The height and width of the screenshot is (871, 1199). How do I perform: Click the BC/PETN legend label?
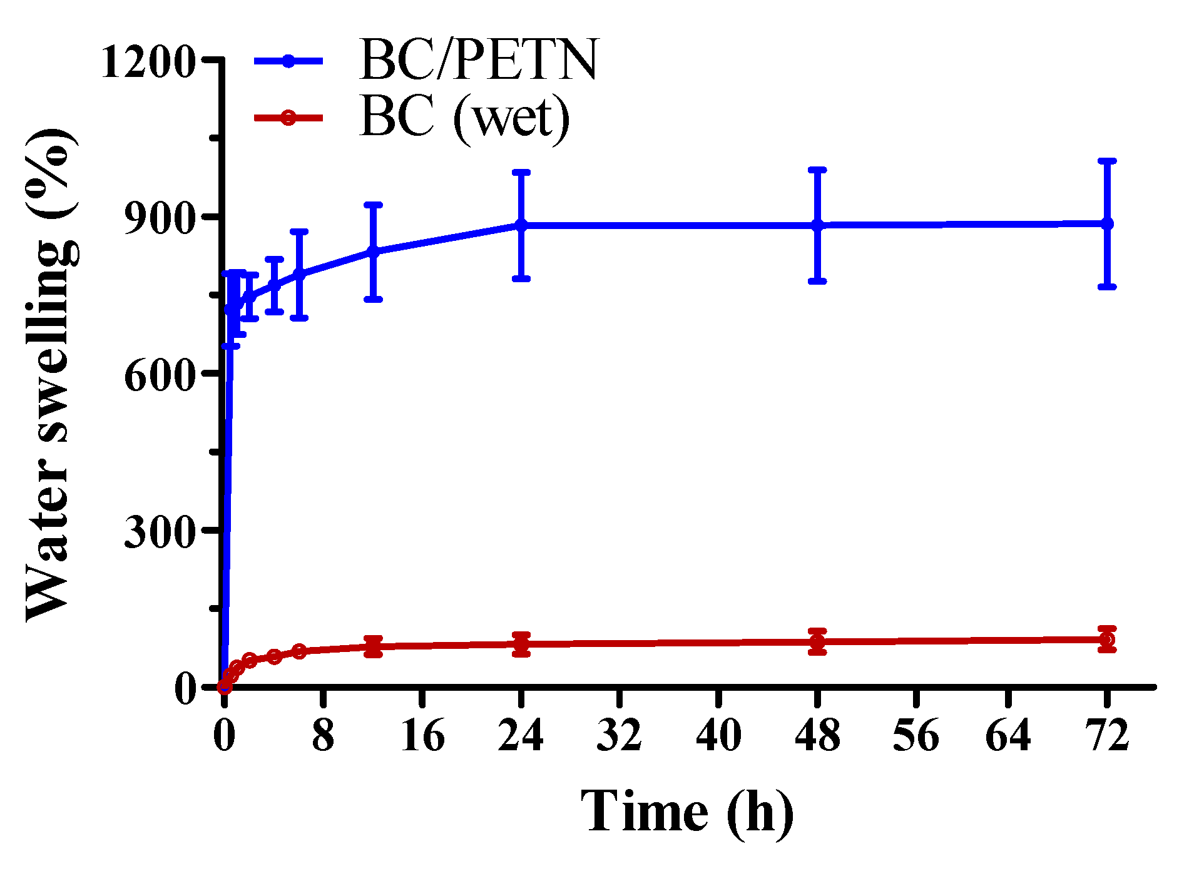(x=479, y=60)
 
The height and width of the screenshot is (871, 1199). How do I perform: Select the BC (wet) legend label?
(x=465, y=118)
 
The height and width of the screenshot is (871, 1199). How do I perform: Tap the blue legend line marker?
(x=288, y=61)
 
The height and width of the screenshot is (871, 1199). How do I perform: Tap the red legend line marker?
(x=288, y=118)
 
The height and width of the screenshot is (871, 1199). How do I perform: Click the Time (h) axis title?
(x=686, y=812)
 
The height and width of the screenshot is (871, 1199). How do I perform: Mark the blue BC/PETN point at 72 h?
(x=1108, y=223)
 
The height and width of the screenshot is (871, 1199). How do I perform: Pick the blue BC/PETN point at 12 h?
(x=373, y=252)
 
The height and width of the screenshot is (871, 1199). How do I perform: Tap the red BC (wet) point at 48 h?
(x=817, y=642)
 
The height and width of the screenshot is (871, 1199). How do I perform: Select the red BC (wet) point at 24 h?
(x=521, y=644)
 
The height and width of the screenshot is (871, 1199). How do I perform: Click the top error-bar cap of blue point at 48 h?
(x=817, y=170)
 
